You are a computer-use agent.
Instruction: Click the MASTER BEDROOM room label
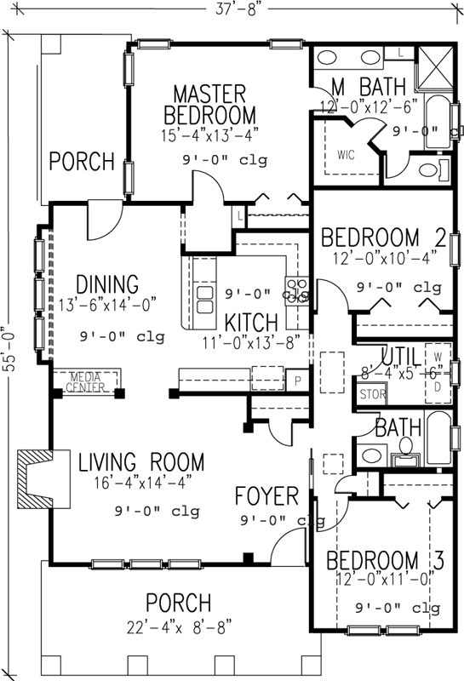tap(209, 104)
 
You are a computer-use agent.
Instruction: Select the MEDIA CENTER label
tap(90, 381)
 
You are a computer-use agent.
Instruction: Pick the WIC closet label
tap(346, 155)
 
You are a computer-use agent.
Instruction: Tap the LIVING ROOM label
tap(141, 463)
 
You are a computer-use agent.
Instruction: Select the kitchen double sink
tap(205, 301)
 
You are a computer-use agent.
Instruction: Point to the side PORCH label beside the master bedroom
tap(81, 160)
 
